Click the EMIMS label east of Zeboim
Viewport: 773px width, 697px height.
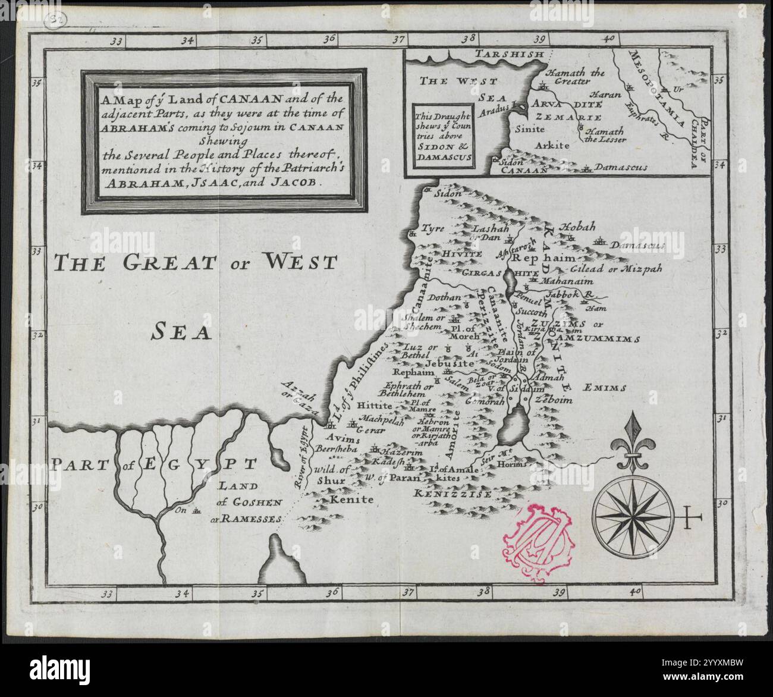(605, 388)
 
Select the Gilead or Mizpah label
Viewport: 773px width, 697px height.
(627, 269)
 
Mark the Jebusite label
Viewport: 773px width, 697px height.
(449, 363)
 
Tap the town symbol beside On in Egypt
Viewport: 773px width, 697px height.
(197, 510)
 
